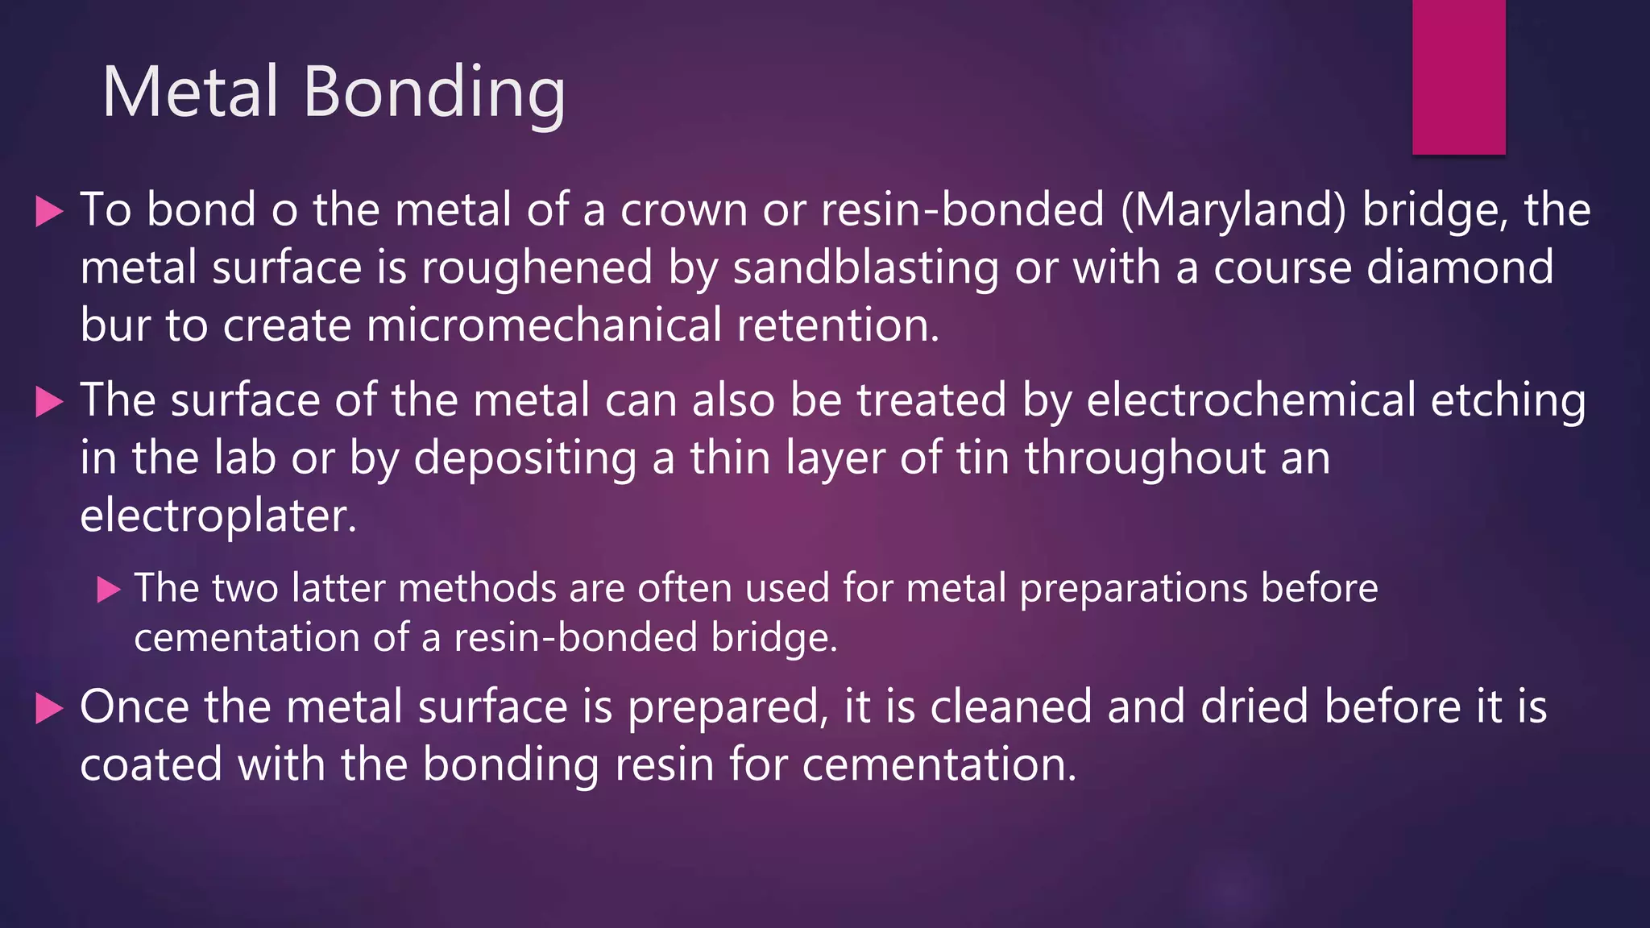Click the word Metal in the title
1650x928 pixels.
point(190,92)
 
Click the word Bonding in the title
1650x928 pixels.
point(434,95)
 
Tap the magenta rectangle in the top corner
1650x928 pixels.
point(1458,77)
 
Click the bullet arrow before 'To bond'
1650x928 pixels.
point(50,212)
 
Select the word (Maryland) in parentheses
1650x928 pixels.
point(1233,211)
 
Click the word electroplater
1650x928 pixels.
point(218,516)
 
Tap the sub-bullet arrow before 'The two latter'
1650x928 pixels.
point(109,590)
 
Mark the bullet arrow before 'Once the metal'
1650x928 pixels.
point(50,709)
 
